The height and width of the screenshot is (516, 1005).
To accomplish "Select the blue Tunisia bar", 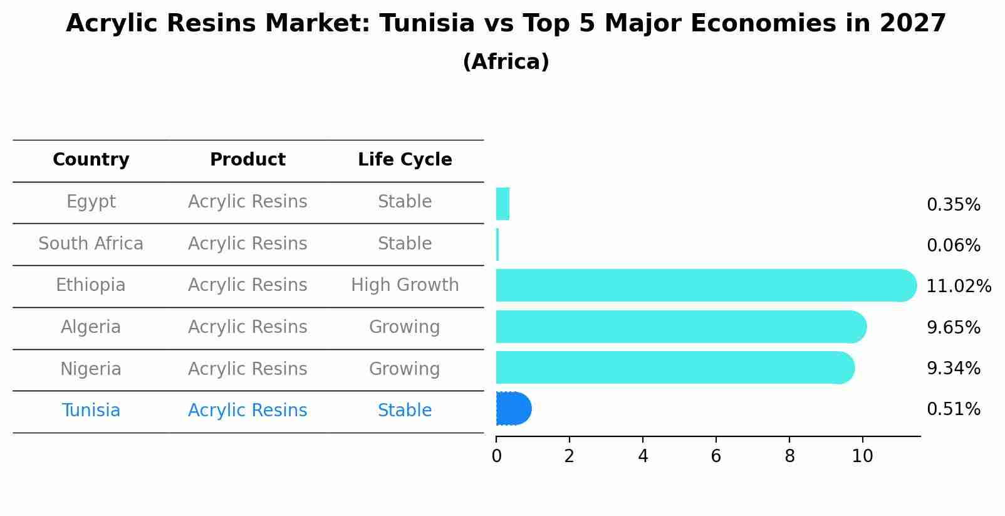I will tap(513, 409).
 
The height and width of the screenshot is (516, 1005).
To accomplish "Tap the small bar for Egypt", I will tap(502, 204).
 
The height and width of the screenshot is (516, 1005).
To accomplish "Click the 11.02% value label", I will tap(958, 287).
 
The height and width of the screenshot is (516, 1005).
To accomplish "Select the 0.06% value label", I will tap(953, 246).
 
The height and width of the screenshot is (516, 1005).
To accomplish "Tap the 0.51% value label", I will tap(953, 409).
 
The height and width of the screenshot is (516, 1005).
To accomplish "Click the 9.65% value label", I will tap(953, 327).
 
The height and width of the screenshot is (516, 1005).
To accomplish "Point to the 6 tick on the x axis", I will tap(716, 456).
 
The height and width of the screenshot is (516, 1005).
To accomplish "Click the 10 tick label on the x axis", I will tap(862, 456).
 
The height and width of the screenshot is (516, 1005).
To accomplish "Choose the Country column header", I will tap(91, 160).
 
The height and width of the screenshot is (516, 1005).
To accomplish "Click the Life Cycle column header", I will tap(405, 160).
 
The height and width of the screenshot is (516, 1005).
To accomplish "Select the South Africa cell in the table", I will tap(91, 243).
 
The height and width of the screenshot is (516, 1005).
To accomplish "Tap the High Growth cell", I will tap(405, 285).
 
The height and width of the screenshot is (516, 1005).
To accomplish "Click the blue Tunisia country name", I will tap(91, 411).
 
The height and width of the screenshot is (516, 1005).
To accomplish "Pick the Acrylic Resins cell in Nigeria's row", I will tap(247, 369).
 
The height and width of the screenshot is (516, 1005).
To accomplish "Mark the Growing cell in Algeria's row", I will tap(404, 327).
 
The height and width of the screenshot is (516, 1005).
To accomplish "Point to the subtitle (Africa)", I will tap(506, 62).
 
